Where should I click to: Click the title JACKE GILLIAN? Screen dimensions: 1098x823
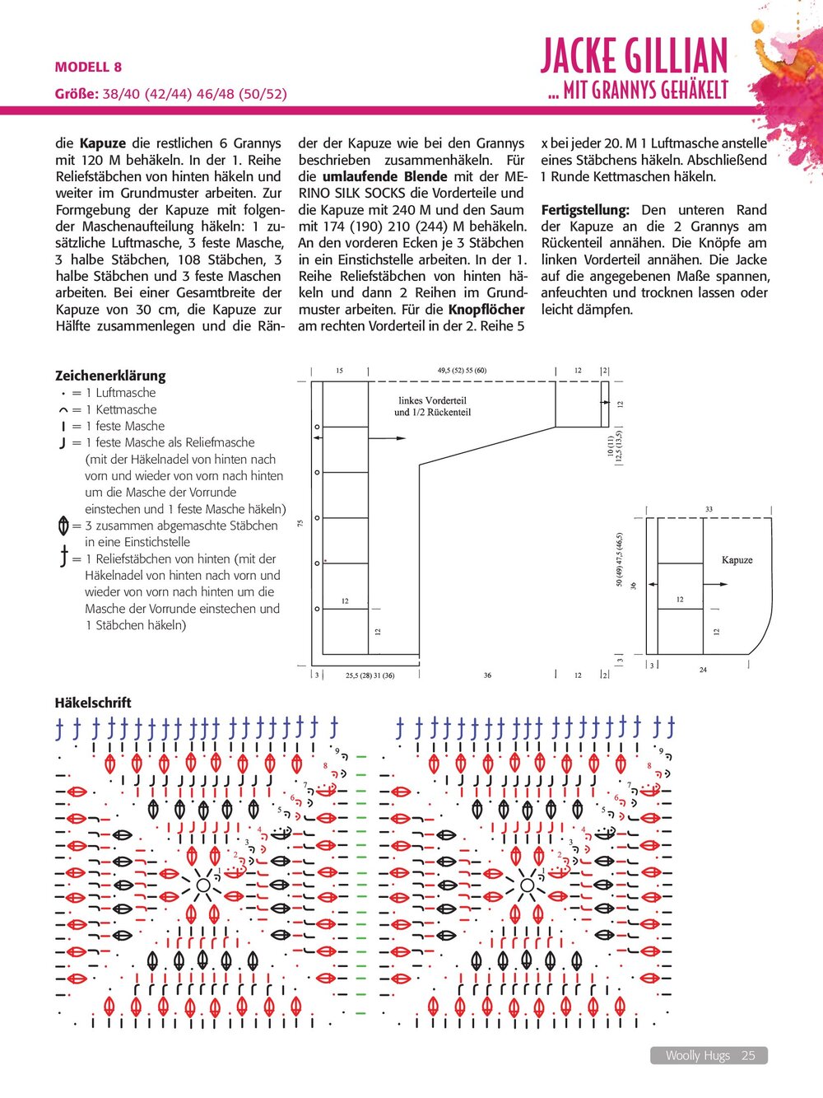(x=634, y=56)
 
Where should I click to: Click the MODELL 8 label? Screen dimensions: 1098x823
(x=88, y=67)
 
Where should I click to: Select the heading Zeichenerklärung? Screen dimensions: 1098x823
(x=110, y=376)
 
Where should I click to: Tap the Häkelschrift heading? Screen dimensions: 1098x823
(x=93, y=703)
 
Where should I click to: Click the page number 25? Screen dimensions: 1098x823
(x=748, y=1055)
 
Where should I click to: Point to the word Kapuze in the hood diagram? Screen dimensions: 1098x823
(x=737, y=560)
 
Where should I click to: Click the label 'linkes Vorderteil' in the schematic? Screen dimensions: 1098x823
(x=432, y=401)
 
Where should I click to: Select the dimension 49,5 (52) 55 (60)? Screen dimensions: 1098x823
(x=462, y=371)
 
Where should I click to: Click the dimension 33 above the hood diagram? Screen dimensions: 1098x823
(x=709, y=509)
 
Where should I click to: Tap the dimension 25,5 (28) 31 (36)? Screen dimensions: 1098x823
(x=370, y=675)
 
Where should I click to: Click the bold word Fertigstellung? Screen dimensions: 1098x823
(x=585, y=210)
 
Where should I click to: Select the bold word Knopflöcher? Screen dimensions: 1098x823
(x=486, y=310)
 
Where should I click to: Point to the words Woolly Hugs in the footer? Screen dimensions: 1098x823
(x=697, y=1055)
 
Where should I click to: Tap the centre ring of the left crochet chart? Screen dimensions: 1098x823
(x=202, y=885)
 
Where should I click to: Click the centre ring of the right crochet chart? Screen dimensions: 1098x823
(x=528, y=885)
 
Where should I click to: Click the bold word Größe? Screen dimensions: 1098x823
(x=77, y=93)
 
